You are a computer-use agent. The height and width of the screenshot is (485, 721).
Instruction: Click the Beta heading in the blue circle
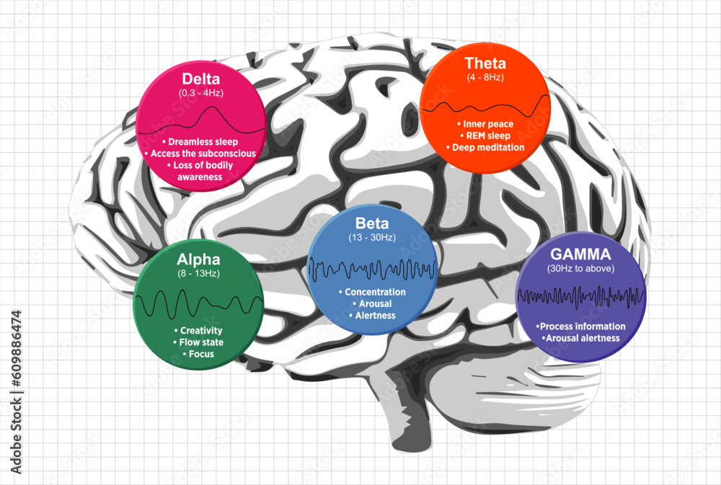coord(372,223)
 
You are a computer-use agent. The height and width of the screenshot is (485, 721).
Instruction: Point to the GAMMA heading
coord(580,254)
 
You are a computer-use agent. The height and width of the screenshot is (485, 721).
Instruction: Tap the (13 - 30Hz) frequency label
coord(372,238)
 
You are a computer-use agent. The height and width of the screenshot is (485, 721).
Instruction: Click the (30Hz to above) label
coord(580,269)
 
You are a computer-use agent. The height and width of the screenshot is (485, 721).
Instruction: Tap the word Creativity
coord(197,331)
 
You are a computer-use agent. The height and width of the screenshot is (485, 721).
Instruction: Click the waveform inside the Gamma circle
coord(580,296)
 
